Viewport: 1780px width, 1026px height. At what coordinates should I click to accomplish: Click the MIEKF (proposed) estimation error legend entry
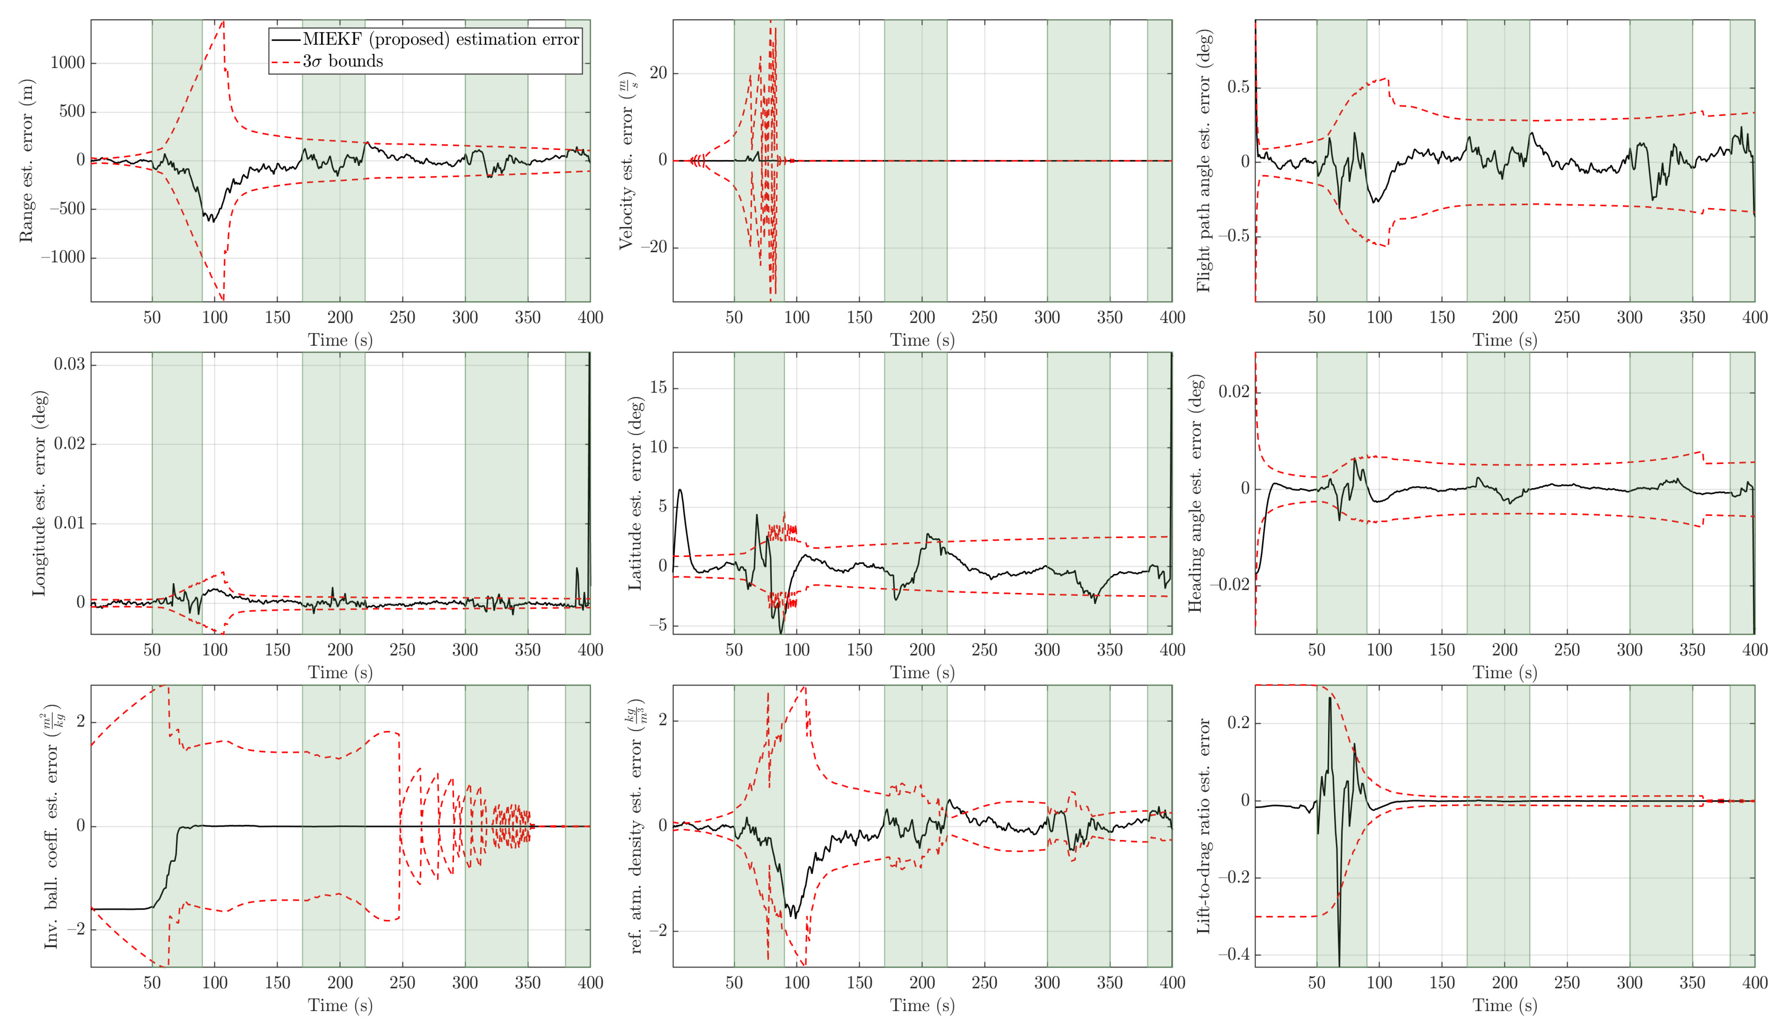point(441,39)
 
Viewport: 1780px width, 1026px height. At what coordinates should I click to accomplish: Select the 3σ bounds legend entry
point(343,61)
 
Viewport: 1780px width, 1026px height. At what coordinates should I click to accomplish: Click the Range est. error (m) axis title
point(26,161)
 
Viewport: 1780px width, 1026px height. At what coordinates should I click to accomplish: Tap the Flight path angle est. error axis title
point(1204,161)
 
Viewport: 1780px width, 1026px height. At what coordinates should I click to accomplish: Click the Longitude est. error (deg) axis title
point(39,493)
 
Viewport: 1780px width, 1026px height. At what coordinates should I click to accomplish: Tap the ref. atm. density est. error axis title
point(636,826)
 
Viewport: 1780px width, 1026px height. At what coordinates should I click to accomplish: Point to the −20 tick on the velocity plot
point(653,247)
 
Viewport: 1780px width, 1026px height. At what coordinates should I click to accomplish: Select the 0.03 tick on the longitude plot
point(69,364)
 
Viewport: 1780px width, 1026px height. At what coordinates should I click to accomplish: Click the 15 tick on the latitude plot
point(658,388)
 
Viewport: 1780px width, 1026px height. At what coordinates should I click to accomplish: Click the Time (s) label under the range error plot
point(340,341)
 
